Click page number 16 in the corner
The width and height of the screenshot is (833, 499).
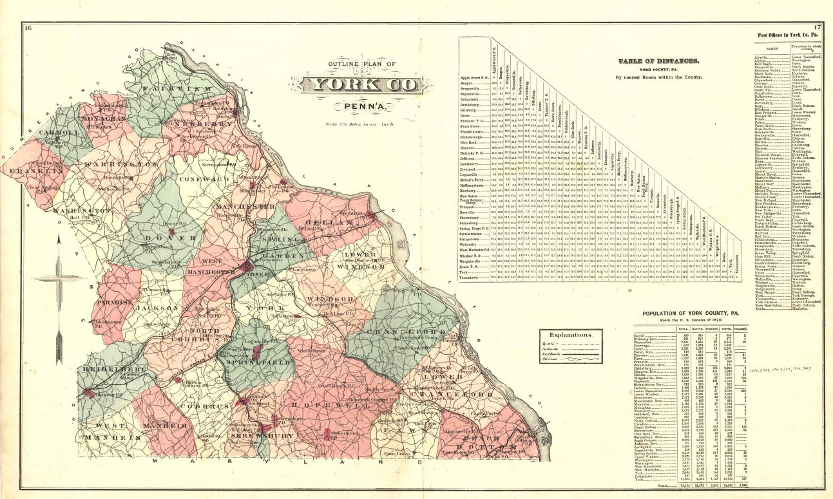tap(28, 27)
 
